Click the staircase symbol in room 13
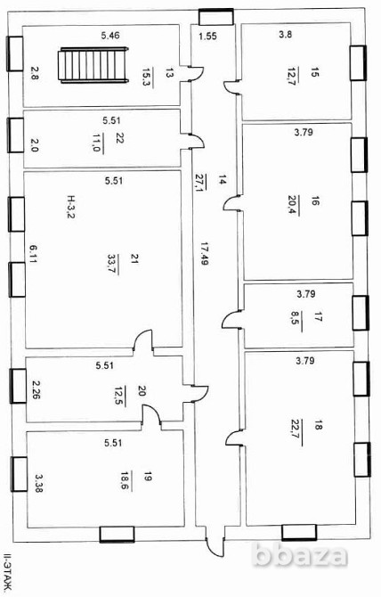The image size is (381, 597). click(x=93, y=65)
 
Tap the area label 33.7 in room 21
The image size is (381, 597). click(x=113, y=264)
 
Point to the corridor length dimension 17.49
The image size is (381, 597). click(x=204, y=254)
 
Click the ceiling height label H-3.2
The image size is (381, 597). click(x=70, y=207)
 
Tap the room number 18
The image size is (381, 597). click(x=319, y=425)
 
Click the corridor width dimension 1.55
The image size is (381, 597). click(x=208, y=37)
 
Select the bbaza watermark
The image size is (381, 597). click(x=300, y=554)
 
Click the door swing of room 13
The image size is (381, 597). click(x=196, y=73)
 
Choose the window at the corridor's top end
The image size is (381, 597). click(x=216, y=17)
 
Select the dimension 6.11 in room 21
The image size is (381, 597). click(x=34, y=254)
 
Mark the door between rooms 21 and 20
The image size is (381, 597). click(x=143, y=340)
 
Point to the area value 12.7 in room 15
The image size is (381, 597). click(x=293, y=76)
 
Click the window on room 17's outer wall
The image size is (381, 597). click(x=361, y=313)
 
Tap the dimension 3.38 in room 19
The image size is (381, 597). click(x=38, y=482)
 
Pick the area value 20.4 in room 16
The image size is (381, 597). click(x=294, y=205)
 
